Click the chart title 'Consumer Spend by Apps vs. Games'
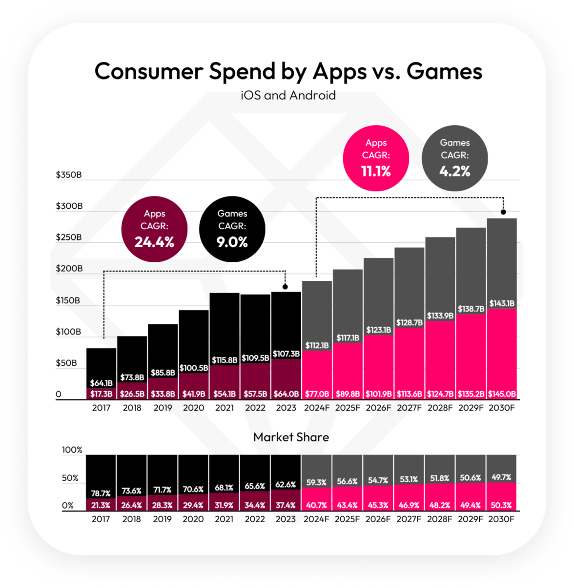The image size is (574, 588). point(288,71)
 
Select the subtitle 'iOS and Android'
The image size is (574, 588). point(288,95)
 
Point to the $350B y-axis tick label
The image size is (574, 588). point(69,175)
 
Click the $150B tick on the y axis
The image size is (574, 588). point(68,300)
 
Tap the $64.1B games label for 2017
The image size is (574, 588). point(101,383)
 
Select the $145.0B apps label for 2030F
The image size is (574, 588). point(502,394)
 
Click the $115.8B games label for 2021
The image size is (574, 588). point(225,360)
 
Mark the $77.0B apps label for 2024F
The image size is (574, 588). point(317,394)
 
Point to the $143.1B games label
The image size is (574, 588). point(502,303)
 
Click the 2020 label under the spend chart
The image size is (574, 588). point(194,408)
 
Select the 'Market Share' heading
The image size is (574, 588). point(291,437)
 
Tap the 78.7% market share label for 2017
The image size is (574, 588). point(101,493)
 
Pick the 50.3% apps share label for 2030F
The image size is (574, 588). point(501,505)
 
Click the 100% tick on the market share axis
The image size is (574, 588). point(72,450)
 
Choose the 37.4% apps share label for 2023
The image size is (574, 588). point(286,505)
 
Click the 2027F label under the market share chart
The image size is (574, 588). point(409,519)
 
